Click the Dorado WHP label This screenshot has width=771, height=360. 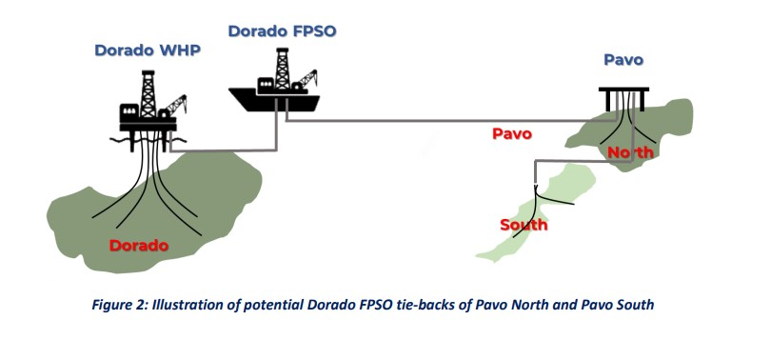pyautogui.click(x=148, y=50)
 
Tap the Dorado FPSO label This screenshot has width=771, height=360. pyautogui.click(x=282, y=31)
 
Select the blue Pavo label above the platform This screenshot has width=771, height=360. pyautogui.click(x=623, y=60)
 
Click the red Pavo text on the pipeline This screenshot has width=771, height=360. pyautogui.click(x=512, y=133)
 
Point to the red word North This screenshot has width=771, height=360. pyautogui.click(x=630, y=152)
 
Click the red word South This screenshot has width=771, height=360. pyautogui.click(x=524, y=225)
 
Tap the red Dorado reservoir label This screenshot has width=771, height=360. pyautogui.click(x=139, y=246)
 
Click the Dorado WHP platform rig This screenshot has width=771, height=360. pyautogui.click(x=148, y=110)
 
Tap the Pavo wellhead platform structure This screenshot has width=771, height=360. pyautogui.click(x=624, y=95)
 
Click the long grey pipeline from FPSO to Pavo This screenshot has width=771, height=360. pyautogui.click(x=428, y=121)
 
